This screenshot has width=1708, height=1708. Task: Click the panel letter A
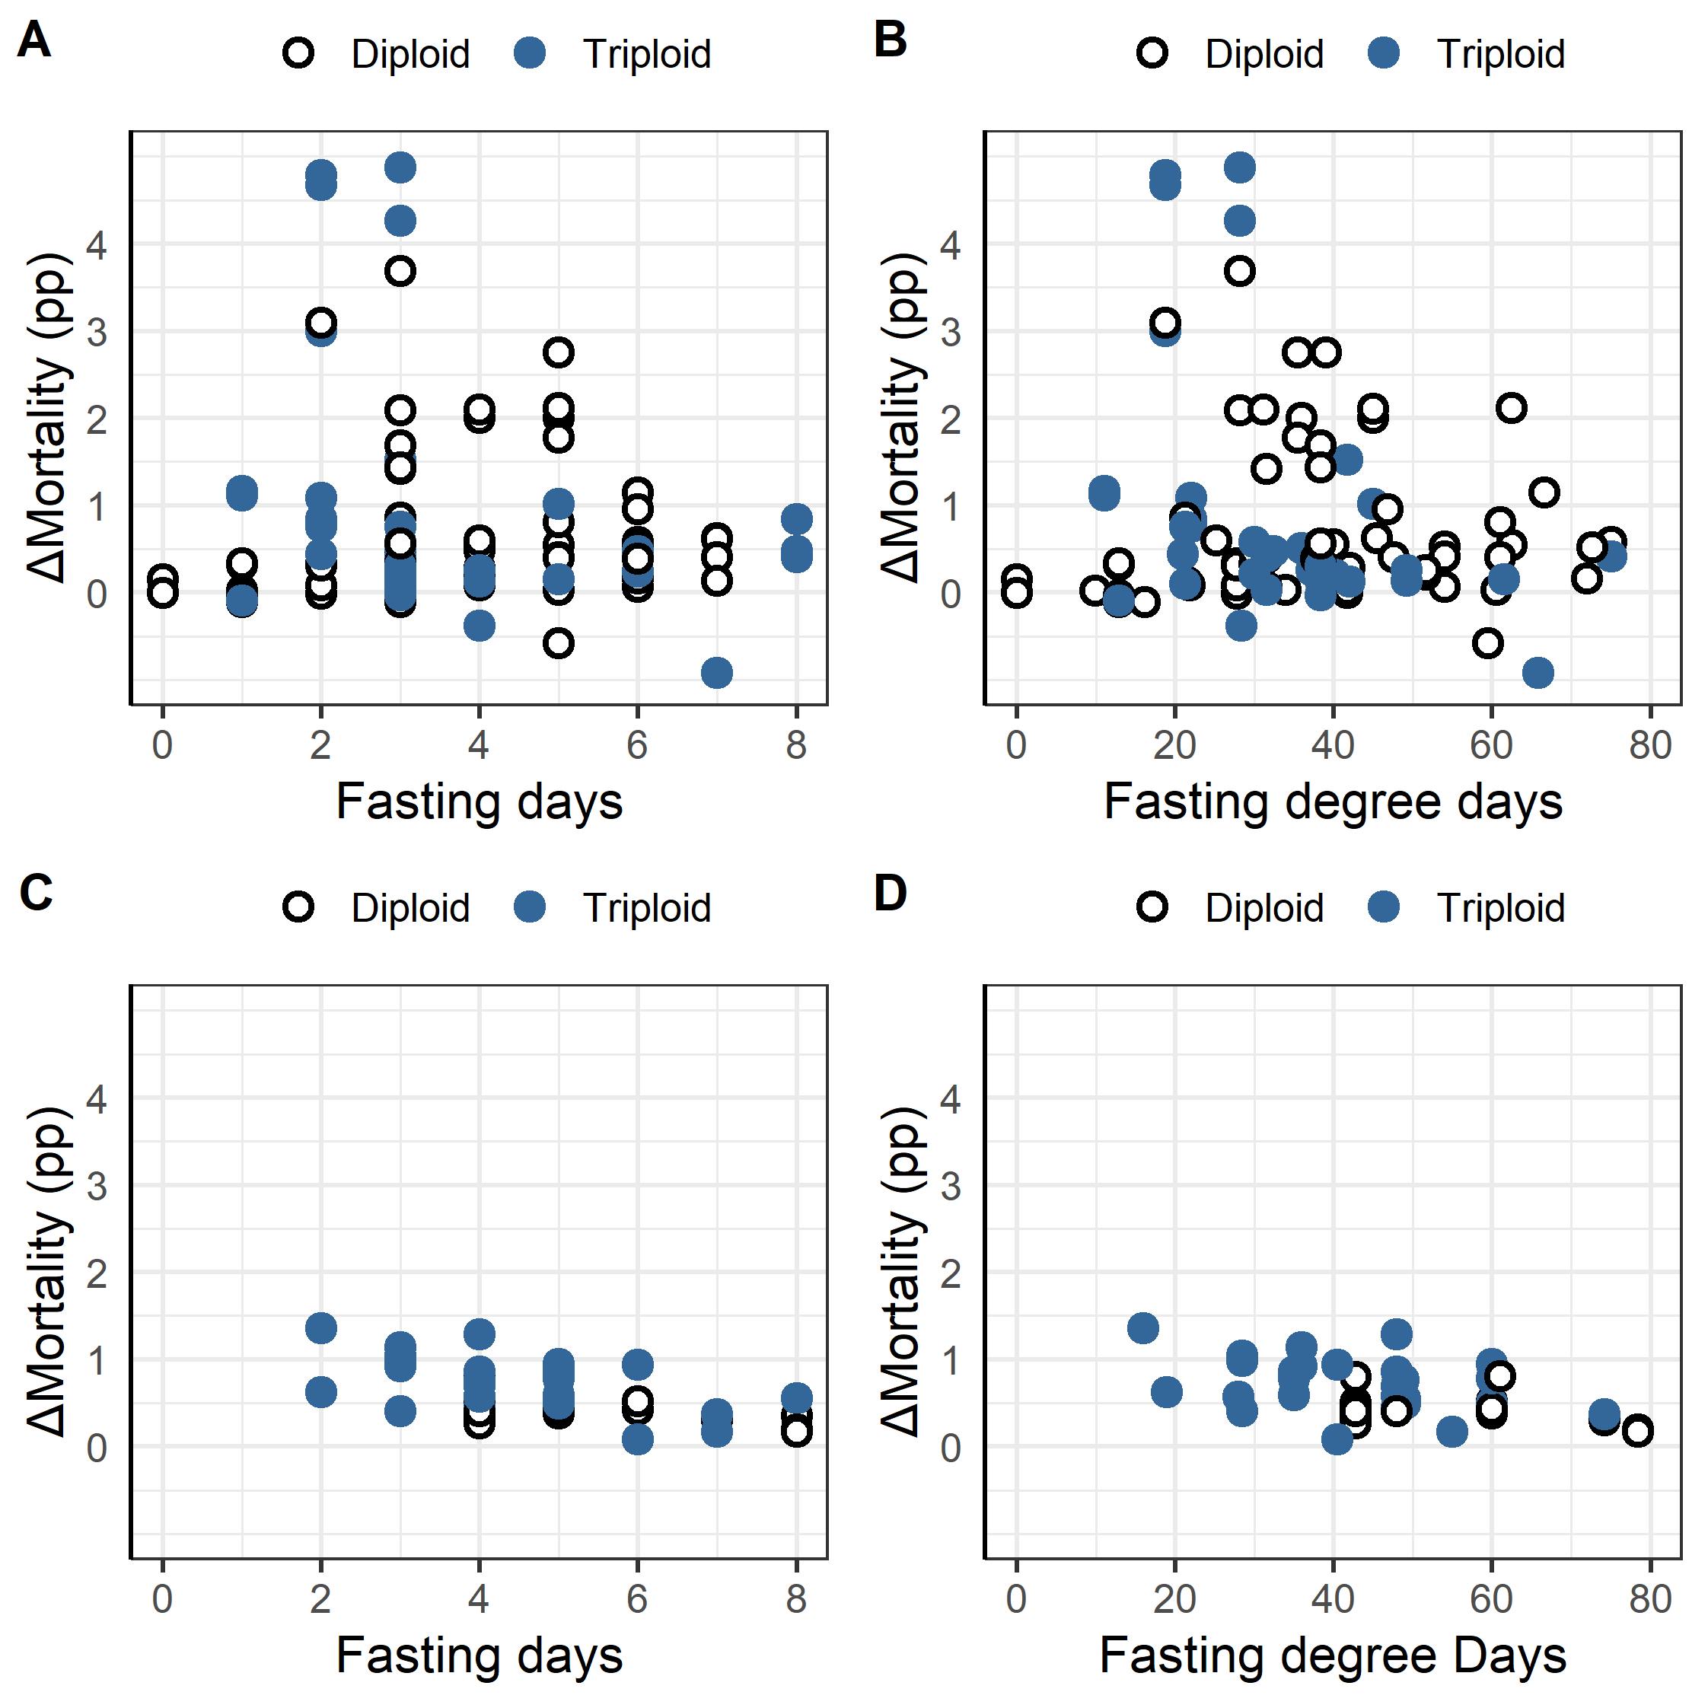33,40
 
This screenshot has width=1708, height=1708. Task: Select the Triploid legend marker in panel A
530,53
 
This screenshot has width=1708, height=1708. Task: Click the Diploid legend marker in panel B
1153,53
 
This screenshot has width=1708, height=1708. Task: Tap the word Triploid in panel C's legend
646,908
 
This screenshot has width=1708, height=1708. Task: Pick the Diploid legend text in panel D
1264,908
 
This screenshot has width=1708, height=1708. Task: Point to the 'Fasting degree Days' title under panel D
1334,1655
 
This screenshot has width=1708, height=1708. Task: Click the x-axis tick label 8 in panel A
797,745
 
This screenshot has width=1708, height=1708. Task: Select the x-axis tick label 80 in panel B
1649,745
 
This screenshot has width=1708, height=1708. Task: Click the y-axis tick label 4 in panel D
951,1099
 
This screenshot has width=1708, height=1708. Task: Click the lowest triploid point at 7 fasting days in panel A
717,673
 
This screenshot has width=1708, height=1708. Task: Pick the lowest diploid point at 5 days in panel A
558,642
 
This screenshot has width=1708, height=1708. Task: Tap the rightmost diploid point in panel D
1638,1430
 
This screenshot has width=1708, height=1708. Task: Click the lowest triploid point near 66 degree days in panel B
1538,673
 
